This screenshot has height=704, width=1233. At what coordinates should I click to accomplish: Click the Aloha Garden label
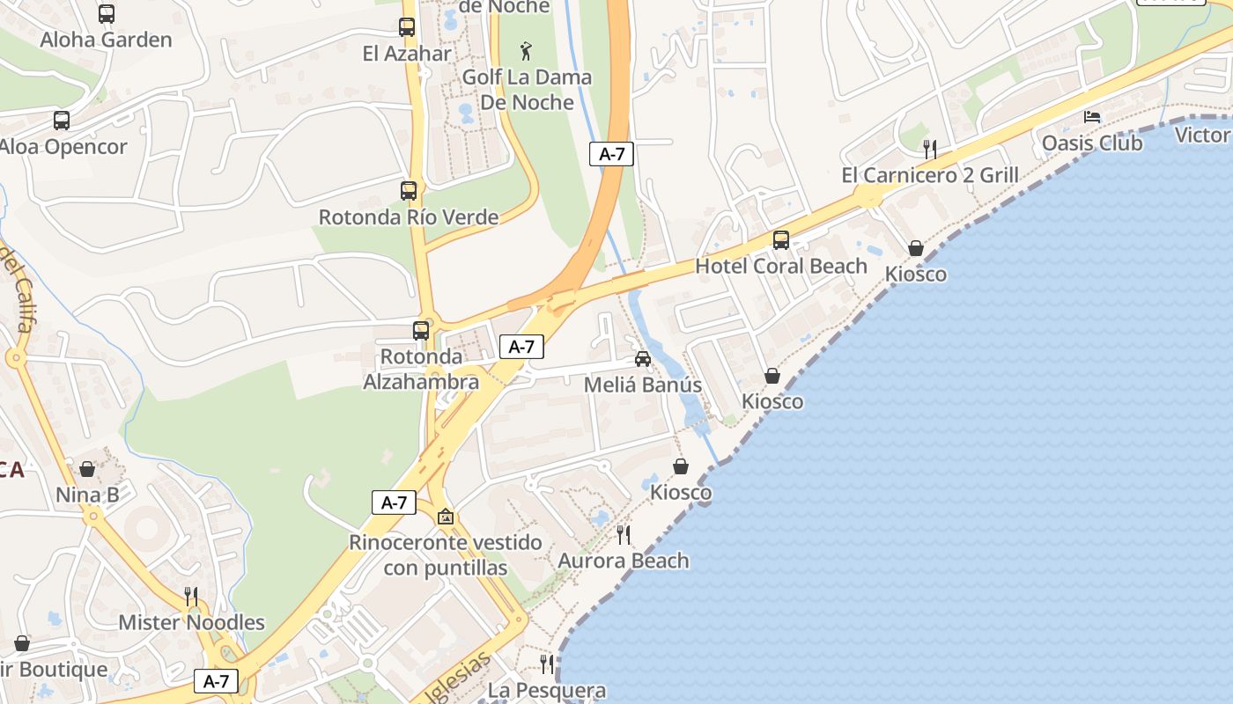(106, 40)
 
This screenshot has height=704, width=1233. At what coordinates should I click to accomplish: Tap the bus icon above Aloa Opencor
(62, 121)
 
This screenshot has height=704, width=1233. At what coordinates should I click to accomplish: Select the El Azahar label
(407, 53)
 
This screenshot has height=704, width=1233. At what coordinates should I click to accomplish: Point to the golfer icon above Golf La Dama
(527, 49)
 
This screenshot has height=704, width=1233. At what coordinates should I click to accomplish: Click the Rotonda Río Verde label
(409, 216)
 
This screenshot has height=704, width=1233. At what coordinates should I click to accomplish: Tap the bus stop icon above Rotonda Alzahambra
(421, 331)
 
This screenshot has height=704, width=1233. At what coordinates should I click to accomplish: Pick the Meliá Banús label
(643, 385)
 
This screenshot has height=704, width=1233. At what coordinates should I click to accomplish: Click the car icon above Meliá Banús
(643, 359)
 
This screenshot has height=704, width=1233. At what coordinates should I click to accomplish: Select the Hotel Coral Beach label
(781, 266)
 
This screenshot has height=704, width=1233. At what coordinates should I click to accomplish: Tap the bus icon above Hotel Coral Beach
(781, 239)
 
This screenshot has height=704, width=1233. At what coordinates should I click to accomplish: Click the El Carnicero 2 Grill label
(930, 174)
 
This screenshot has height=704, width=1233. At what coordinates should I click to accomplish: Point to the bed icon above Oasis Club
(1092, 117)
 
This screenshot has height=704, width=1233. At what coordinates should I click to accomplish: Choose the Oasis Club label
(1092, 143)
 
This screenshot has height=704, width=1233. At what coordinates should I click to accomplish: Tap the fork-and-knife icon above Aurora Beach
(624, 534)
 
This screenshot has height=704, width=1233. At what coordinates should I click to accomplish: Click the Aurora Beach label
(624, 561)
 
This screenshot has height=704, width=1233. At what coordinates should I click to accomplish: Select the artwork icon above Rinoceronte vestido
(446, 517)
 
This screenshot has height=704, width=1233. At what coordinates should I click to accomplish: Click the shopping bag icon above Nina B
(87, 469)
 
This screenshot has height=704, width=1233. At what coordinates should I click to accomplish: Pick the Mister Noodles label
(191, 622)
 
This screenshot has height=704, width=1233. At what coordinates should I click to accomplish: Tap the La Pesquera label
(547, 690)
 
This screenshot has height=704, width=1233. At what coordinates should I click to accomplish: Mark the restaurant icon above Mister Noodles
(191, 596)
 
